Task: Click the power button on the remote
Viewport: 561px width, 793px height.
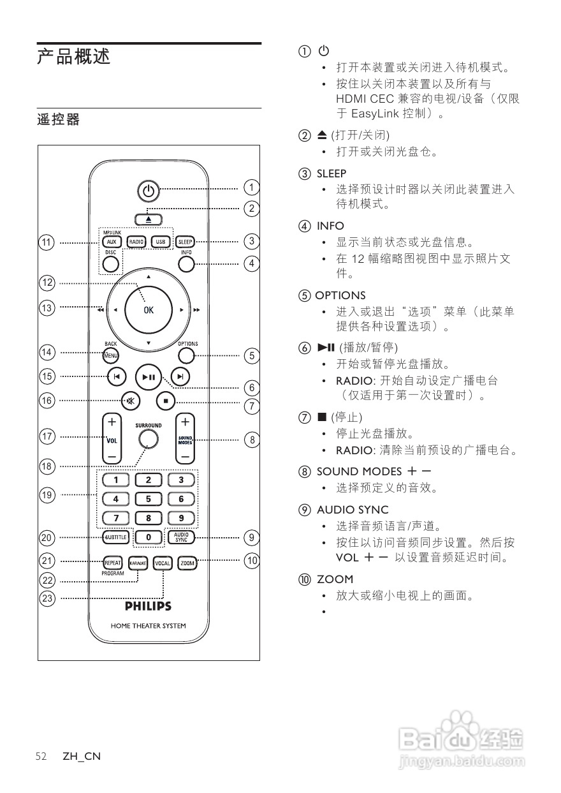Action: click(x=148, y=190)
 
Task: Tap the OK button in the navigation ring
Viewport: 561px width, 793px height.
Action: click(x=148, y=310)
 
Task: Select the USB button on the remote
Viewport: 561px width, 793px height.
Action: click(x=160, y=242)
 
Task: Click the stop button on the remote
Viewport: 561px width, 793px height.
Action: click(x=165, y=401)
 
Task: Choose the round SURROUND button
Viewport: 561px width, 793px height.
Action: click(x=148, y=438)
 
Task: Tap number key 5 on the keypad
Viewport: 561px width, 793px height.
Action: click(x=149, y=499)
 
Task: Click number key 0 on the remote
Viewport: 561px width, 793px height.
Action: click(x=149, y=537)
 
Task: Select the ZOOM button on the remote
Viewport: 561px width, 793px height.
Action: click(x=187, y=563)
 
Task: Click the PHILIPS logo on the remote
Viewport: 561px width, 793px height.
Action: click(x=148, y=606)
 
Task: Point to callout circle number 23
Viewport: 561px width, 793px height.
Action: click(x=47, y=598)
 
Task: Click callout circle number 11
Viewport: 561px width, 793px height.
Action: click(x=47, y=242)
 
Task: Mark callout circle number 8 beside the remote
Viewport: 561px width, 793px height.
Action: click(x=252, y=440)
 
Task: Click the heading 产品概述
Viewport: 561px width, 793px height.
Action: click(x=73, y=57)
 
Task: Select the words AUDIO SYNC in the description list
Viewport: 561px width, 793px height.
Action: click(x=353, y=510)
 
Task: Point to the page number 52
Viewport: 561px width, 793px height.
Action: click(x=41, y=757)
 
